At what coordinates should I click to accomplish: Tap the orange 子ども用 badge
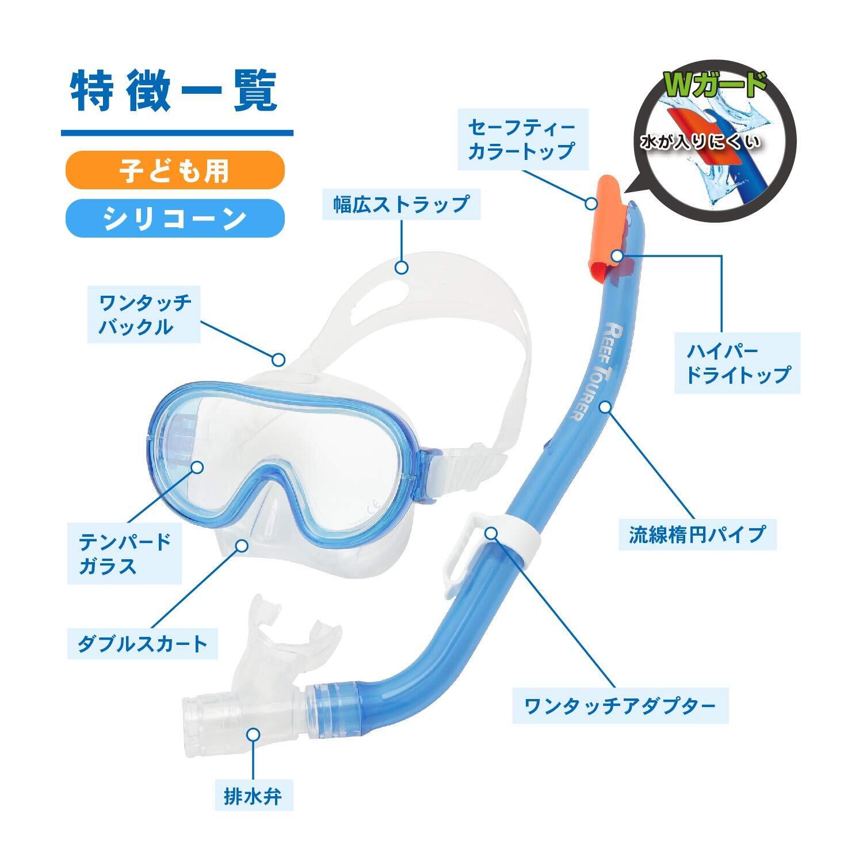(x=175, y=170)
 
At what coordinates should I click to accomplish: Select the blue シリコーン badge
(x=175, y=218)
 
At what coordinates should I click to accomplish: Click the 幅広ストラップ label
(x=401, y=205)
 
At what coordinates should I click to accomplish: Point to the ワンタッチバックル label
(x=144, y=314)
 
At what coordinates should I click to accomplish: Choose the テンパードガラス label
(x=125, y=553)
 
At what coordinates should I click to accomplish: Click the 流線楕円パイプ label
(x=697, y=534)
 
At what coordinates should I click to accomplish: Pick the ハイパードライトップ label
(x=738, y=363)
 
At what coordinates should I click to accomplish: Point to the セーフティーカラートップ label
(x=521, y=139)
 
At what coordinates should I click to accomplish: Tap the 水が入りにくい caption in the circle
(x=701, y=142)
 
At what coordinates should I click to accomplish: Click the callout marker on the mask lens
(x=197, y=466)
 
